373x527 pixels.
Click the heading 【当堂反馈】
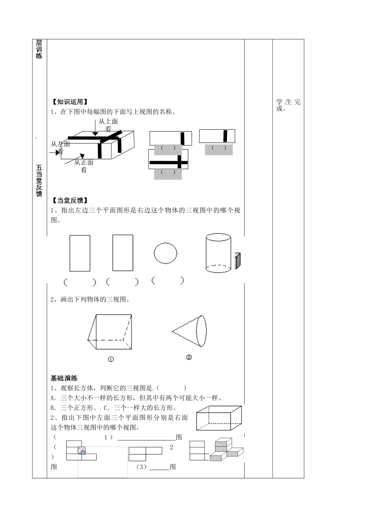(70, 200)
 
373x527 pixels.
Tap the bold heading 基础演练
(64, 378)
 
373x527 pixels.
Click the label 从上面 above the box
(108, 122)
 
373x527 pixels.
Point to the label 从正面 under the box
(84, 162)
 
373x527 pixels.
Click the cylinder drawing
(218, 253)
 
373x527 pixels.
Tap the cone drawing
(189, 331)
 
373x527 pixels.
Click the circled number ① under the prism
(111, 359)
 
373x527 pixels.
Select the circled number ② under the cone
(189, 357)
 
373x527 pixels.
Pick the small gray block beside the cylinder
(237, 261)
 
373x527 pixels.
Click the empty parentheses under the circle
(167, 280)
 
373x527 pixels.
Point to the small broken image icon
(82, 451)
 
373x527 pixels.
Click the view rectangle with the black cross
(168, 160)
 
